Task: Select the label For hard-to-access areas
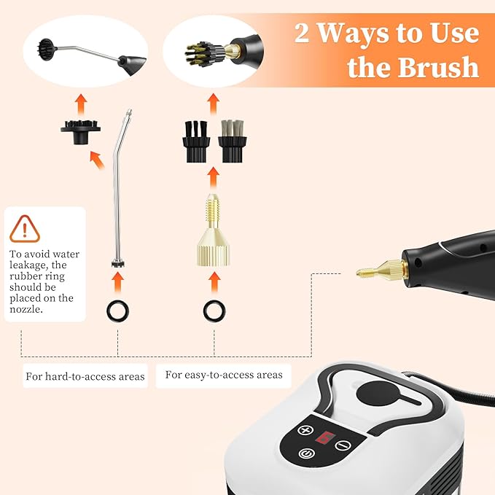tap(85, 377)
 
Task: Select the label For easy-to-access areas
tap(223, 375)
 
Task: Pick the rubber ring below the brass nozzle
tap(214, 311)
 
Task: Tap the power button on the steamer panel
tap(305, 453)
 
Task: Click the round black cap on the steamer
tap(377, 391)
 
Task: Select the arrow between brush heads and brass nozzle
tap(214, 174)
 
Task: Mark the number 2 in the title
tap(301, 33)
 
